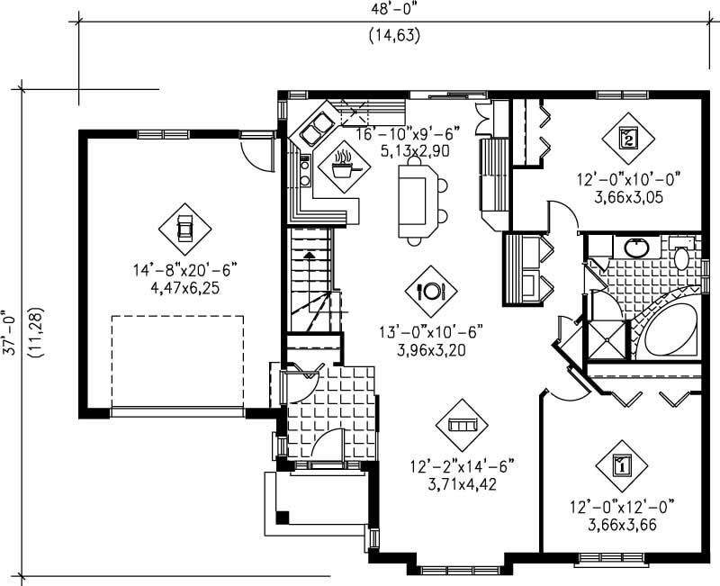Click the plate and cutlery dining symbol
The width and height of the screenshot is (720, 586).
tap(431, 291)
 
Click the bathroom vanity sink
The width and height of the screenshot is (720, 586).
tap(637, 246)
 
